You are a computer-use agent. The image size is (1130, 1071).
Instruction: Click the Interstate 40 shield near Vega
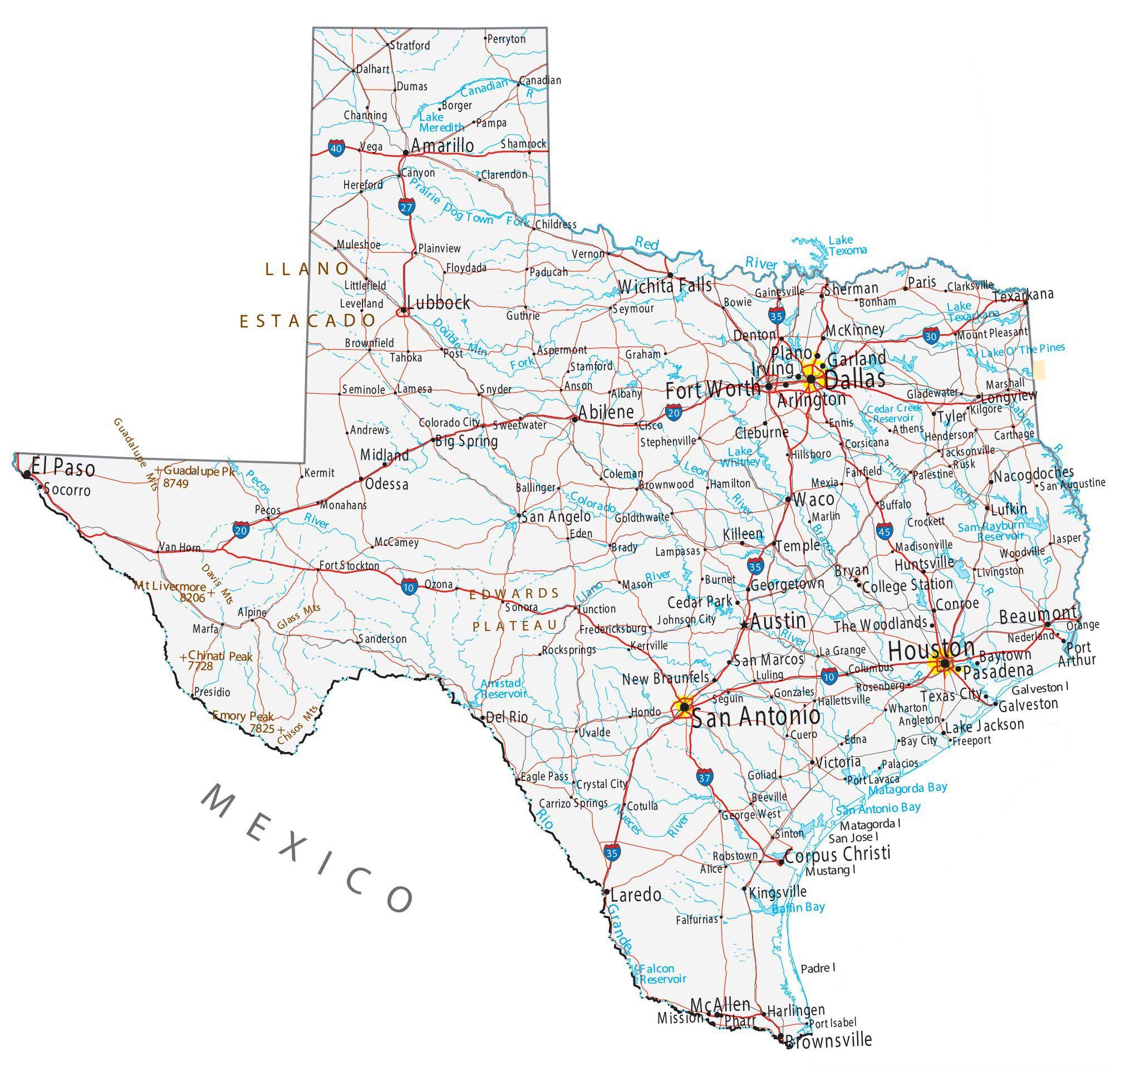(337, 149)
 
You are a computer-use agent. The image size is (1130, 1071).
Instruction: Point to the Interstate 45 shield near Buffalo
(885, 530)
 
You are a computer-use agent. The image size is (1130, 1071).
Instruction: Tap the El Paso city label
(63, 468)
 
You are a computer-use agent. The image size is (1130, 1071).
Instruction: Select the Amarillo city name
(443, 145)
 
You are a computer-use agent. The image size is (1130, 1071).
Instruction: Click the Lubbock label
(438, 302)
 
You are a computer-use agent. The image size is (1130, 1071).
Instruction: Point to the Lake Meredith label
(441, 122)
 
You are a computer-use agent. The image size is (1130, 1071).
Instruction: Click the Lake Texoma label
(847, 245)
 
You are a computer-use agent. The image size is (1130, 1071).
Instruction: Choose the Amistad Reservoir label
(502, 688)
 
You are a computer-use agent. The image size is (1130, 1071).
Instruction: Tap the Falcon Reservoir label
(662, 974)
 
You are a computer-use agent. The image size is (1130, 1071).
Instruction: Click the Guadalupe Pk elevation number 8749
(176, 483)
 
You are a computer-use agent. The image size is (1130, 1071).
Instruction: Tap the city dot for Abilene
(574, 419)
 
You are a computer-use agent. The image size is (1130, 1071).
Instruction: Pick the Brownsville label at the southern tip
(829, 1040)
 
